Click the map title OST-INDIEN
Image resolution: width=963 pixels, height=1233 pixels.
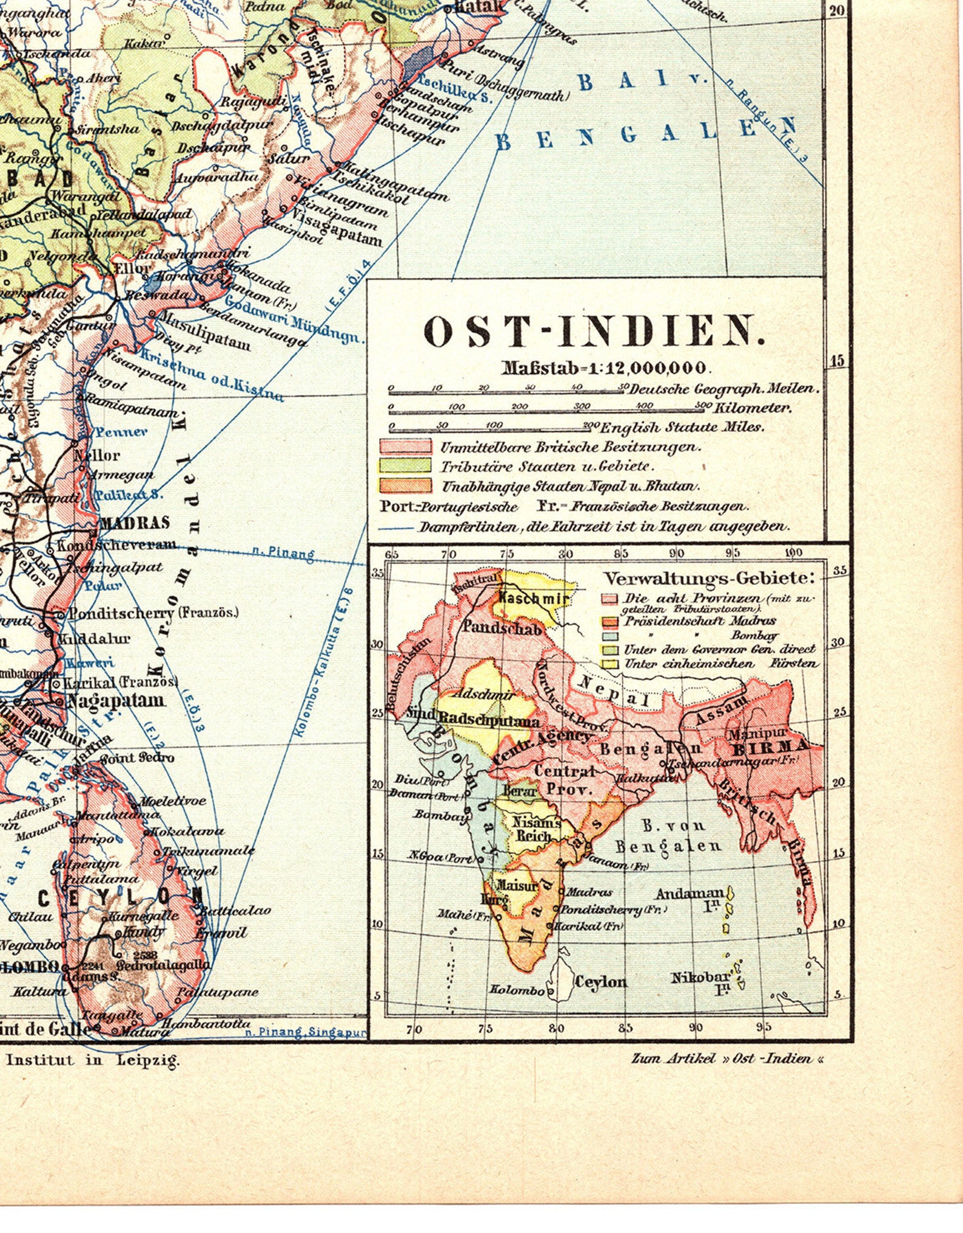pyautogui.click(x=594, y=333)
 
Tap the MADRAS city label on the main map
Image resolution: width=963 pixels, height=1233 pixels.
pyautogui.click(x=135, y=523)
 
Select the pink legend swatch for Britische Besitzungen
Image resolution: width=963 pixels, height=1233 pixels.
pyautogui.click(x=405, y=446)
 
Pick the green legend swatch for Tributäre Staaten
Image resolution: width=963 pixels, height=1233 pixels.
pyautogui.click(x=405, y=466)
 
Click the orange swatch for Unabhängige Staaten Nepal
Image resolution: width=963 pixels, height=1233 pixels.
pyautogui.click(x=405, y=485)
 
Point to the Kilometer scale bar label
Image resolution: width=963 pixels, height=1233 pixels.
pyautogui.click(x=753, y=408)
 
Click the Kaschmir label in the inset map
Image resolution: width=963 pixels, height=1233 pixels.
pyautogui.click(x=533, y=598)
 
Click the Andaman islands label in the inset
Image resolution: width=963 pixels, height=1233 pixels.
pyautogui.click(x=690, y=894)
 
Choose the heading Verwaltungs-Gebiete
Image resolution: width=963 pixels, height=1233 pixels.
pyautogui.click(x=708, y=578)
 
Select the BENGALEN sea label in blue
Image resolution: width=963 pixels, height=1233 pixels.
pyautogui.click(x=643, y=134)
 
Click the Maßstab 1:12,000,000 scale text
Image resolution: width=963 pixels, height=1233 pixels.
pyautogui.click(x=604, y=368)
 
